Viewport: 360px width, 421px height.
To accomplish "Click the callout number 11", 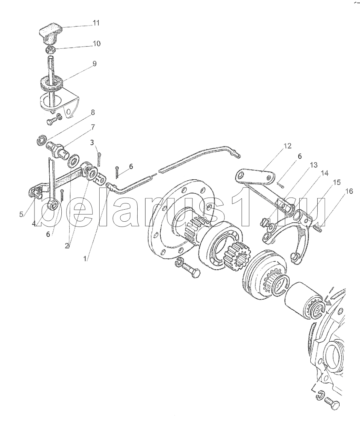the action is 96,23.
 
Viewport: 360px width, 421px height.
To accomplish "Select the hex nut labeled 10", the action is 50,49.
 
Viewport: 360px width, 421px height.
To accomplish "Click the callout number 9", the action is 94,63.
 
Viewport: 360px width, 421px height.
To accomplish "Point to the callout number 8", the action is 93,112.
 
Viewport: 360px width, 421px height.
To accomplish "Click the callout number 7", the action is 92,127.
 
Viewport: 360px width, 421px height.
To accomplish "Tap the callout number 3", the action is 92,142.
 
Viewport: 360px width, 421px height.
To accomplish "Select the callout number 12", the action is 288,146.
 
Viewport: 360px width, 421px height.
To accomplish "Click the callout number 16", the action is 349,191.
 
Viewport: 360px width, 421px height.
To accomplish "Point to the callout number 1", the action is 86,259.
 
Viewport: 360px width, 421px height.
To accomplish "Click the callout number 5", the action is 21,214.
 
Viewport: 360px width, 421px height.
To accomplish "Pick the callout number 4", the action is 34,223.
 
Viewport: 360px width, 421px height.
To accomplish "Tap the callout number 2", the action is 67,246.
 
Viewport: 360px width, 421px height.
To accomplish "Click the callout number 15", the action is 337,182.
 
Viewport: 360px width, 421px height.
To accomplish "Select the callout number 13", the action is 314,165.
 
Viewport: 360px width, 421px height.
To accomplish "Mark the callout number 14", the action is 325,173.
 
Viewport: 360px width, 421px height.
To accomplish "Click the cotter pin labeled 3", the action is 99,160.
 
